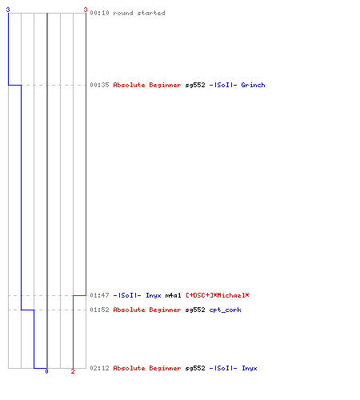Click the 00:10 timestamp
point(99,13)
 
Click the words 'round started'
point(139,13)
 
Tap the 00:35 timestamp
point(99,85)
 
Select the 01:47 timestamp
point(99,295)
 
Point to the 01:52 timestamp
point(99,310)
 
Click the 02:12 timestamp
point(99,368)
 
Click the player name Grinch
point(253,85)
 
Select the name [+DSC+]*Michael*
point(218,295)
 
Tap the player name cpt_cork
point(225,310)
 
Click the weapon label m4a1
point(173,295)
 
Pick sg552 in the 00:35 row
point(195,85)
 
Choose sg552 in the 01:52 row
point(195,310)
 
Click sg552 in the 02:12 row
point(195,368)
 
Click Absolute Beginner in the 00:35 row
point(147,85)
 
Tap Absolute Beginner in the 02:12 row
point(147,368)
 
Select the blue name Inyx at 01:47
point(154,295)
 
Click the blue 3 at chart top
point(8,10)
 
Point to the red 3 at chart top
point(86,10)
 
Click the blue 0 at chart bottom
point(46,371)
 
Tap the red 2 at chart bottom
point(73,371)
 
